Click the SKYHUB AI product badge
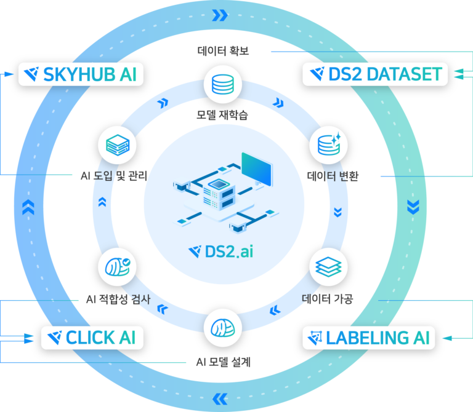(x=81, y=74)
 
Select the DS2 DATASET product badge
(x=375, y=74)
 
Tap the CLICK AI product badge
(x=92, y=338)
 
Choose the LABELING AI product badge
(x=369, y=338)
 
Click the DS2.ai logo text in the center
(x=221, y=252)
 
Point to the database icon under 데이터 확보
(x=222, y=84)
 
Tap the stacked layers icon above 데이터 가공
(x=328, y=267)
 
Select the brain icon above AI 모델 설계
(x=222, y=328)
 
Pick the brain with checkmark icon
(x=117, y=267)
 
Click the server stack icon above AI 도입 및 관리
(x=117, y=145)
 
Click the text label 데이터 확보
(x=223, y=50)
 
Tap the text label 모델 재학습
(x=222, y=115)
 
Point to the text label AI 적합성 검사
(x=118, y=299)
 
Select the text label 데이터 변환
(x=333, y=176)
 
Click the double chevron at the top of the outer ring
(x=220, y=15)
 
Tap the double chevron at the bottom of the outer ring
(x=220, y=399)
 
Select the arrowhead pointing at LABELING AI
(x=447, y=338)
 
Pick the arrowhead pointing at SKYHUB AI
(x=9, y=74)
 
